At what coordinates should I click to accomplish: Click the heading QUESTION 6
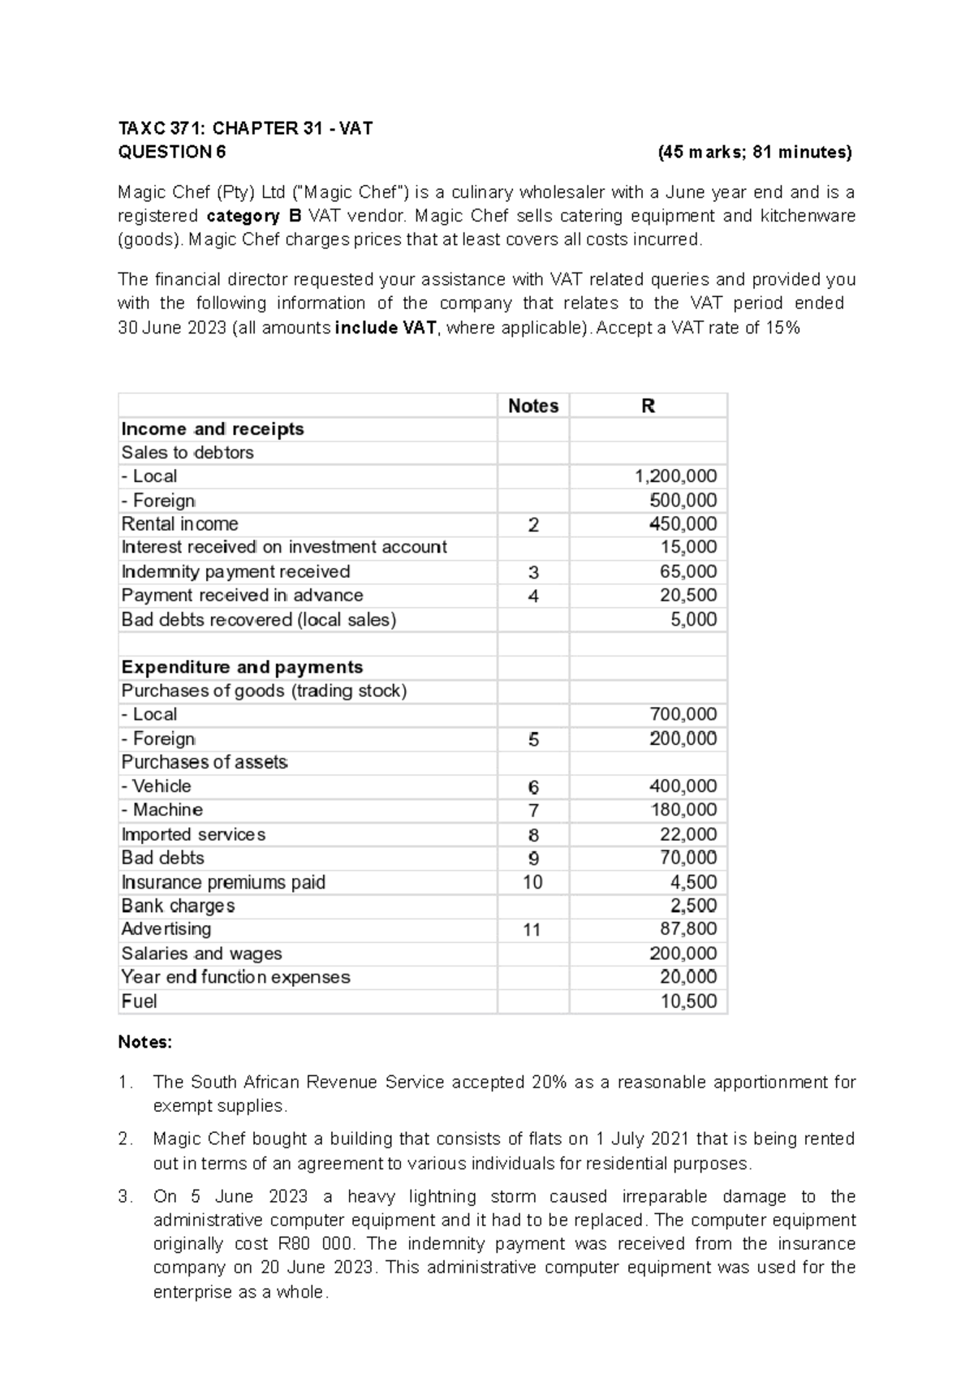tap(172, 152)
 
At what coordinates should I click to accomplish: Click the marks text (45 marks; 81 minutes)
tap(755, 152)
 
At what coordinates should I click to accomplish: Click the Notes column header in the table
tap(533, 406)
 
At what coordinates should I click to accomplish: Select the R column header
tap(648, 406)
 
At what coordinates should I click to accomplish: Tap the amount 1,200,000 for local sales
tap(675, 476)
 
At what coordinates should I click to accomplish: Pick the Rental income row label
tap(179, 524)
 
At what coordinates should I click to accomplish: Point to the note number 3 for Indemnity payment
tap(533, 572)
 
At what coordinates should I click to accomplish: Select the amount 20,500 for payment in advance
tap(688, 596)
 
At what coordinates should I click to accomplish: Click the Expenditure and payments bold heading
tap(242, 667)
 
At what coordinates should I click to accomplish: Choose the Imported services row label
tap(193, 834)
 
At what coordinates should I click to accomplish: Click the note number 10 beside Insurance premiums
tap(532, 882)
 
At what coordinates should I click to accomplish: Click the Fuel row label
tap(139, 1001)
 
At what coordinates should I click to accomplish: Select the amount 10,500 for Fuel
tap(688, 1001)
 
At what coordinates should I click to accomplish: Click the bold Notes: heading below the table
tap(145, 1043)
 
